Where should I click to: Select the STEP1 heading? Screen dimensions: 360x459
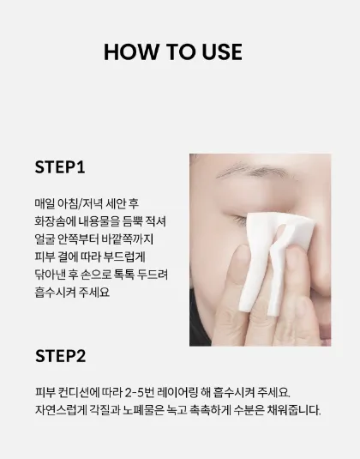click(60, 167)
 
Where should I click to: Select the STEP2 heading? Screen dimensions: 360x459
click(61, 356)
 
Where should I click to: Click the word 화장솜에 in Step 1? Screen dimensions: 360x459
click(54, 221)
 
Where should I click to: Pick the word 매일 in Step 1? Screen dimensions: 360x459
click(45, 203)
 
